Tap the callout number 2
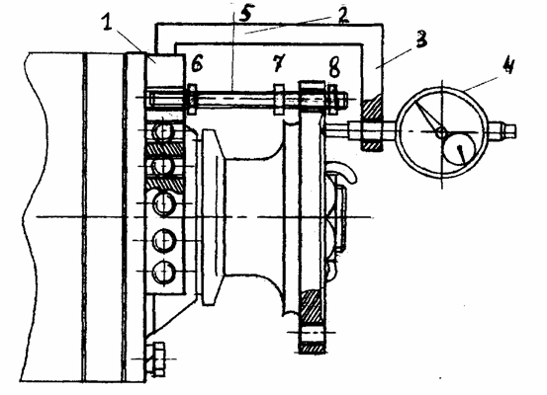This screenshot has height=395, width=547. [342, 16]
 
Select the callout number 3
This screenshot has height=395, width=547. [421, 39]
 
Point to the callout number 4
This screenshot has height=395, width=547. [508, 65]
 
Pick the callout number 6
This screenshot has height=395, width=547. [197, 64]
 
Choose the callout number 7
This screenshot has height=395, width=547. [279, 63]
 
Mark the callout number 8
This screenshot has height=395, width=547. [334, 67]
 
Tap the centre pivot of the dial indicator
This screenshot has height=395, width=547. [441, 132]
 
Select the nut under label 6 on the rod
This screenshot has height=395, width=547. [192, 99]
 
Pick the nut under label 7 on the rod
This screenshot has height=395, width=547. [279, 99]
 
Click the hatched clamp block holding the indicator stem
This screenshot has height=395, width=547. [372, 124]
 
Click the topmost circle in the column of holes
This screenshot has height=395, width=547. [162, 132]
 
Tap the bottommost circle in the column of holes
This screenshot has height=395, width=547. [163, 272]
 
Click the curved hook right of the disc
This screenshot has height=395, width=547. [343, 172]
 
